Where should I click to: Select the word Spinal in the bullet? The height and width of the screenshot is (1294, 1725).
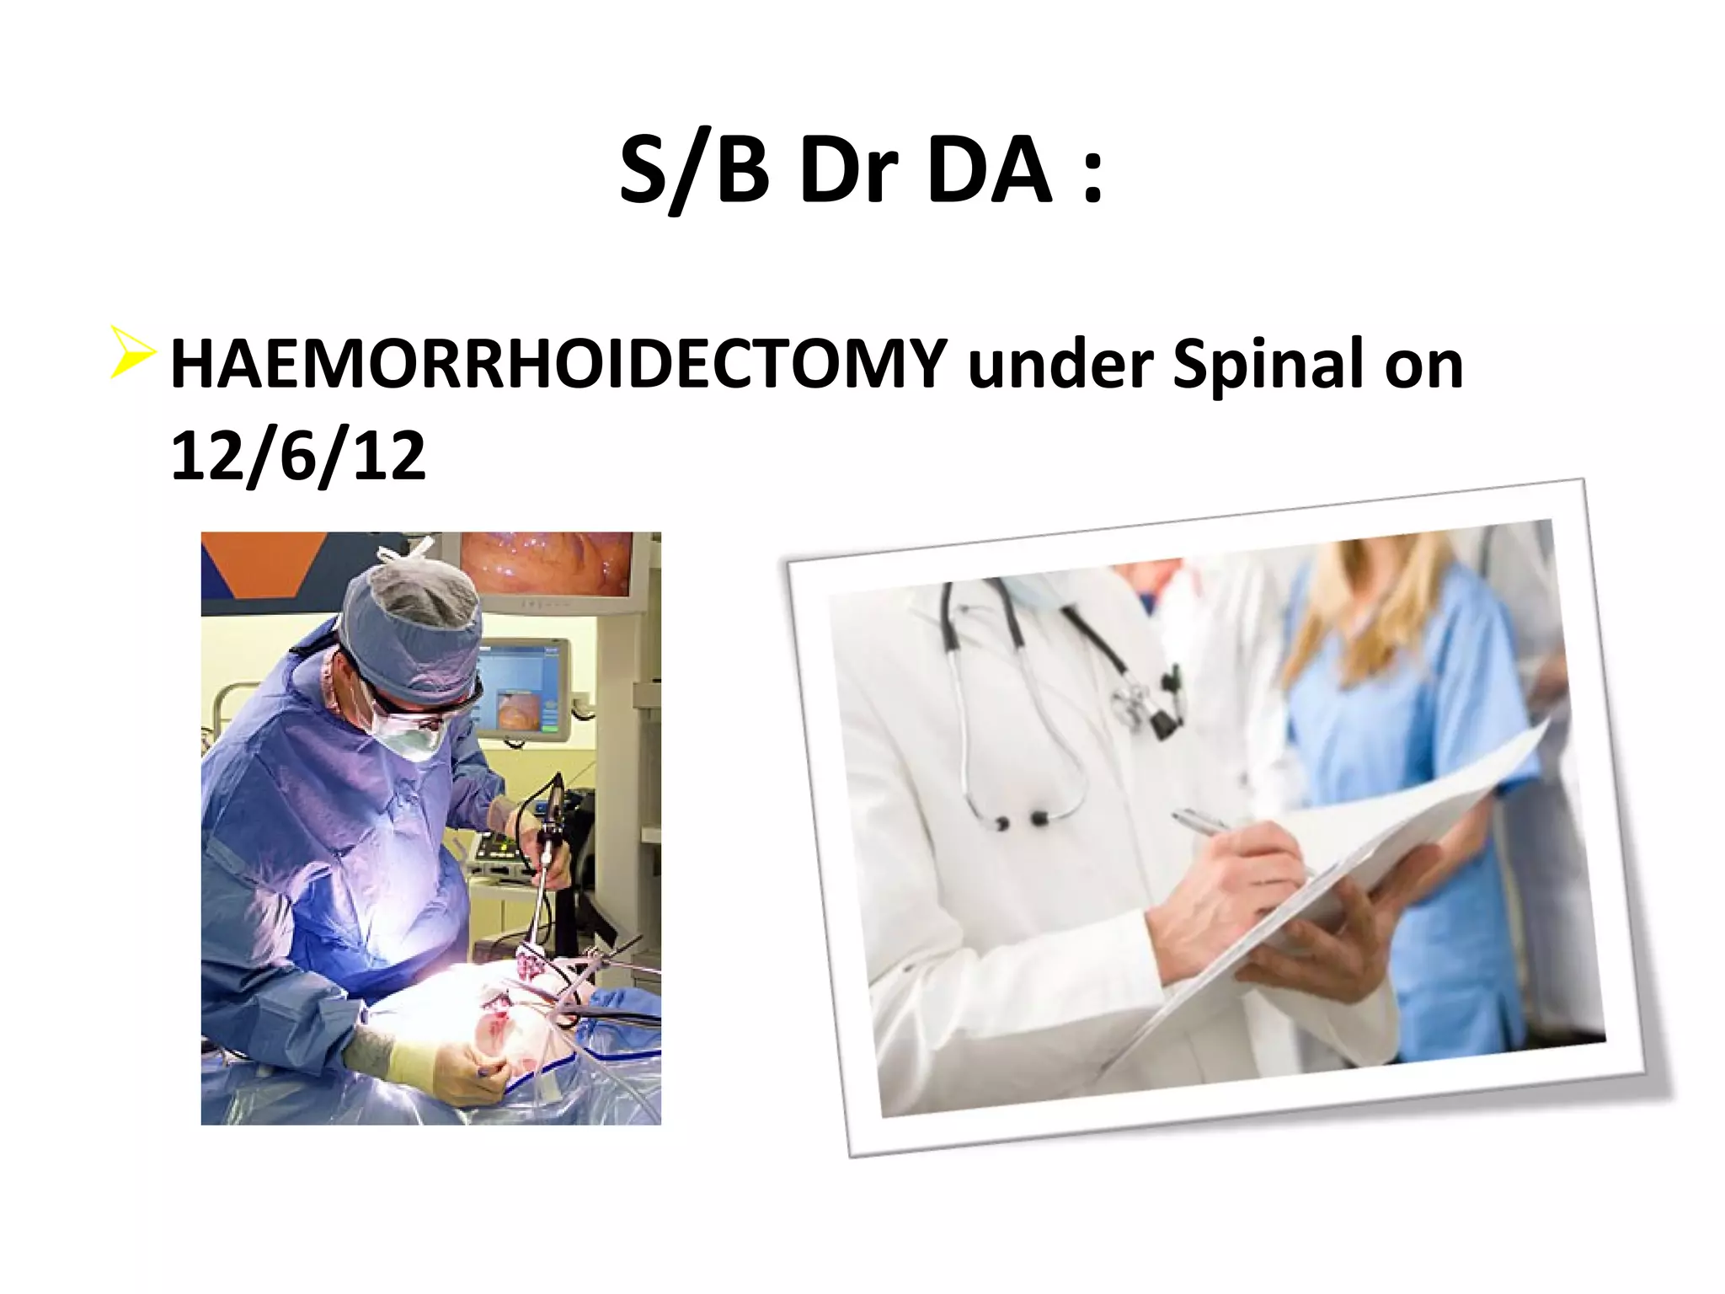(x=1268, y=364)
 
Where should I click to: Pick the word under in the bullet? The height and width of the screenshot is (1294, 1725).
(x=1060, y=364)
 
